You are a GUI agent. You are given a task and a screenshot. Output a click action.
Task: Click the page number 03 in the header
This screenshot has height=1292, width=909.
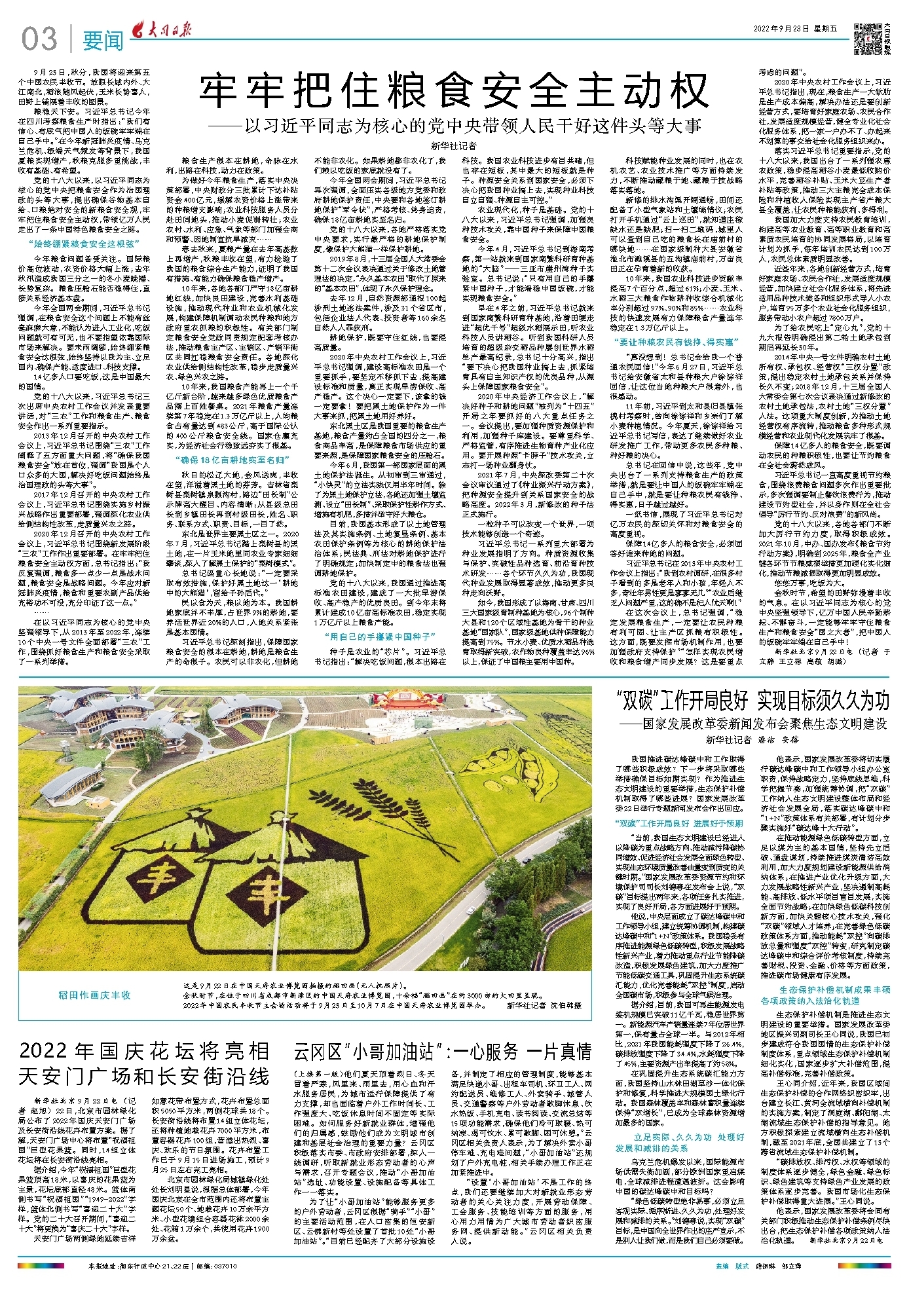coord(39,39)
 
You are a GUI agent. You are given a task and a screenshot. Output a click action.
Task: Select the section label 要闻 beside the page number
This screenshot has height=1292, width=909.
coord(103,41)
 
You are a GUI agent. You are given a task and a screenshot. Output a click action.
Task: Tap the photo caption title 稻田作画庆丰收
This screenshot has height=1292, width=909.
coord(94,995)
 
